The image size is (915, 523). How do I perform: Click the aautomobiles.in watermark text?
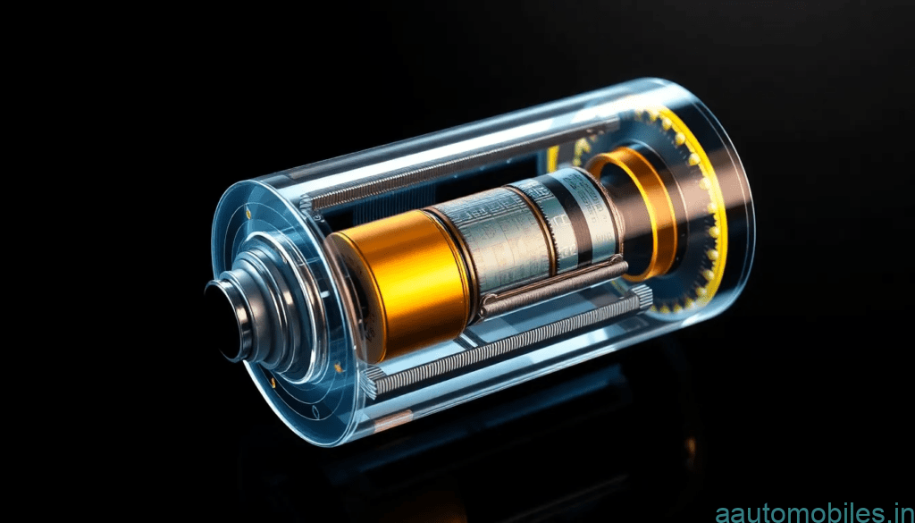(815, 513)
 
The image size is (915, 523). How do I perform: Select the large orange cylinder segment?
(402, 283)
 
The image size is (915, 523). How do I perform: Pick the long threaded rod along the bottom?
(507, 343)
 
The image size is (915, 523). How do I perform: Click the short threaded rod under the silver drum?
(552, 287)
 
